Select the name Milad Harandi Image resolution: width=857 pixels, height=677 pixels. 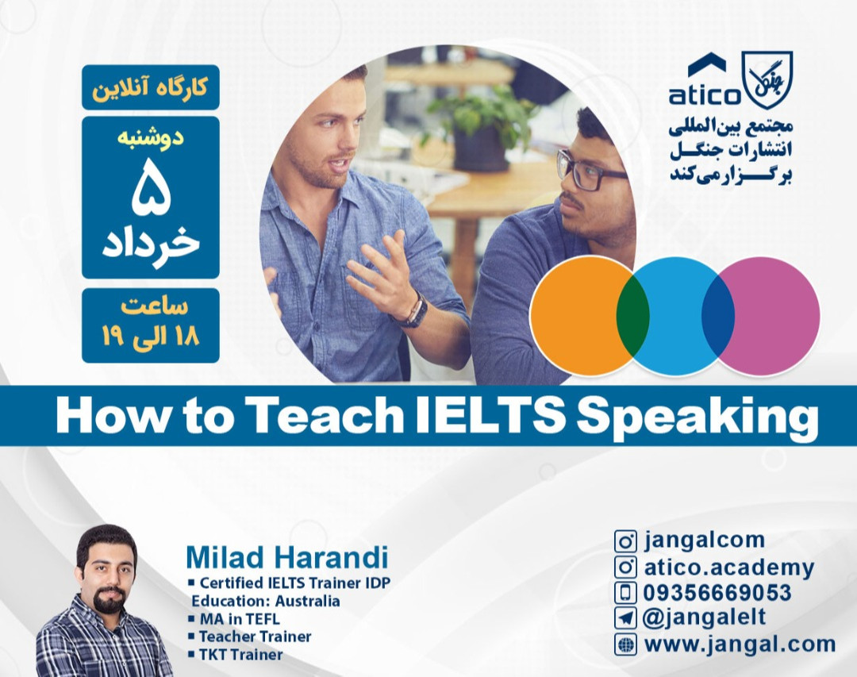pyautogui.click(x=286, y=558)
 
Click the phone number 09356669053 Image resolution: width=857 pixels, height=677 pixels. pyautogui.click(x=717, y=592)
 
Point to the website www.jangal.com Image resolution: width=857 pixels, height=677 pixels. pyautogui.click(x=739, y=644)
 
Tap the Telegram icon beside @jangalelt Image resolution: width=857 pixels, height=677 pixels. pyautogui.click(x=626, y=617)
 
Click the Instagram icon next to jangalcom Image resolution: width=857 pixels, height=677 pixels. pyautogui.click(x=626, y=541)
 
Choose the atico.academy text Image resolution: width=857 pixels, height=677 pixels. pyautogui.click(x=728, y=567)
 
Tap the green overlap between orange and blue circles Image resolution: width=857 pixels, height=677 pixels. pyautogui.click(x=633, y=316)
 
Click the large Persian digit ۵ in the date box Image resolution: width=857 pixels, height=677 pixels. pyautogui.click(x=151, y=190)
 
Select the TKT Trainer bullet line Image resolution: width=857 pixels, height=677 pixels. pyautogui.click(x=240, y=655)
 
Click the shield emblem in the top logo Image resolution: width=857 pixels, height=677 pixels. pyautogui.click(x=767, y=79)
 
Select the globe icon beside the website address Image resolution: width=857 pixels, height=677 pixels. pyautogui.click(x=626, y=644)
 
